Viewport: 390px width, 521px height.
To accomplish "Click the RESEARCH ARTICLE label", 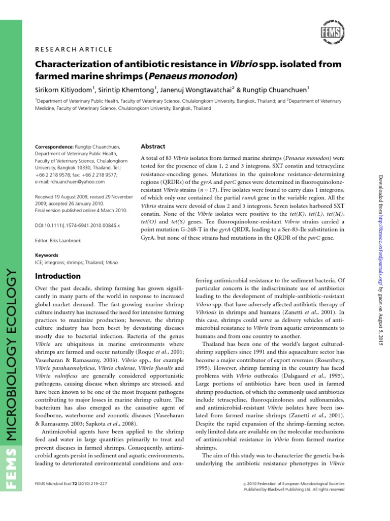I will [x=73, y=49].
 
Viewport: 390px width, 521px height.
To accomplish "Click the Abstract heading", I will [x=153, y=146].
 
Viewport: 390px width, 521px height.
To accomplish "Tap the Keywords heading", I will [x=47, y=255].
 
